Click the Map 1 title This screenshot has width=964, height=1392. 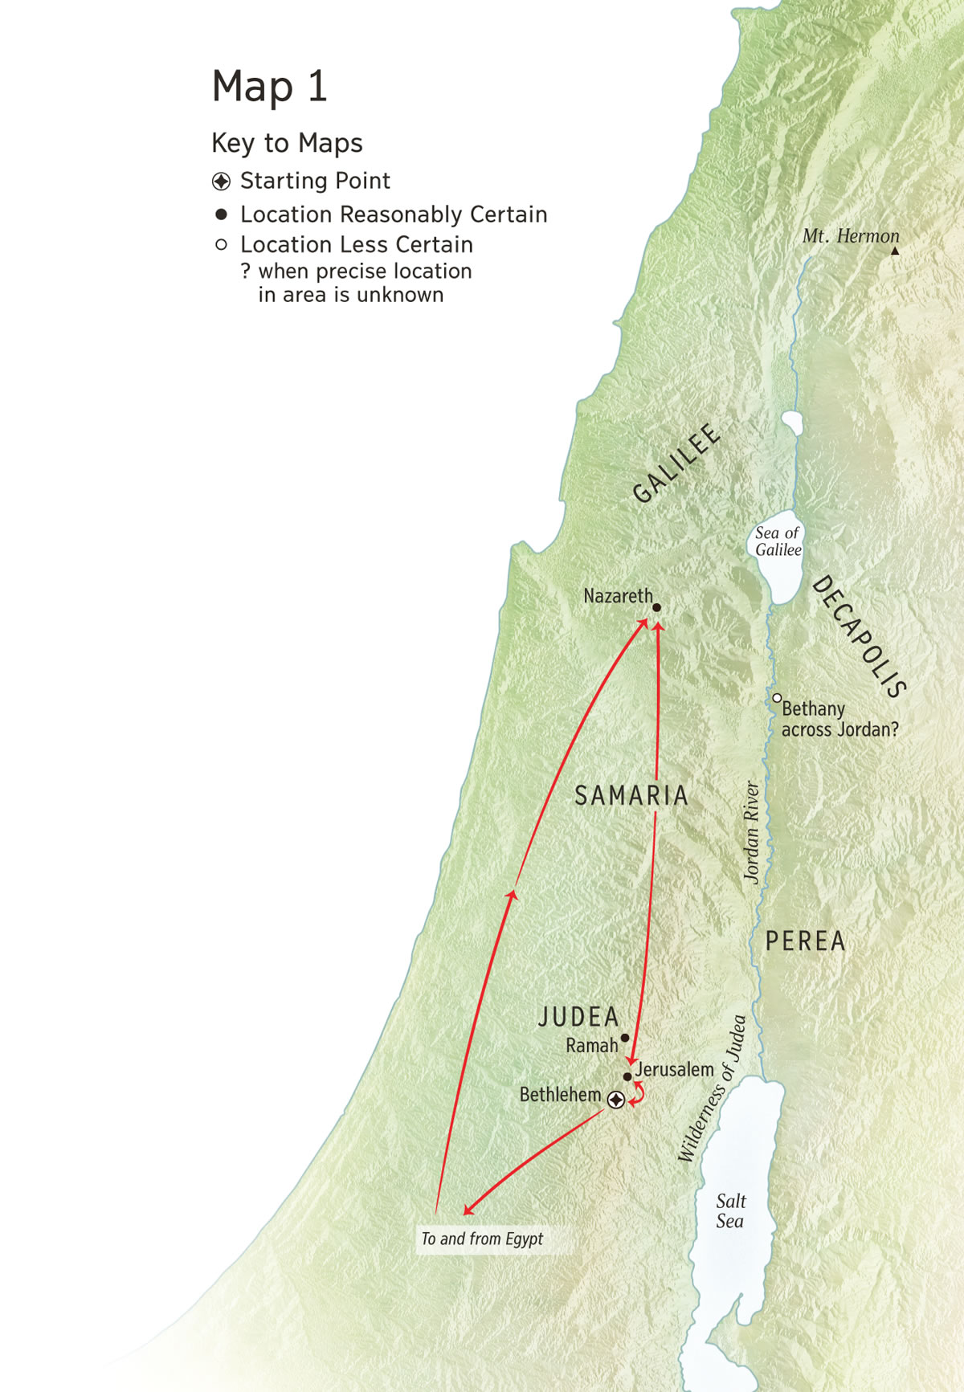click(x=269, y=86)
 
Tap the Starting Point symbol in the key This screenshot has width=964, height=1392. click(x=221, y=182)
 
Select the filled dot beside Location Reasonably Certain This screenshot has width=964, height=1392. click(x=221, y=214)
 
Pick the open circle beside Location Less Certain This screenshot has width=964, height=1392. click(x=221, y=244)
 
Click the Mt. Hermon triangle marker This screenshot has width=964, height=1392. click(x=895, y=251)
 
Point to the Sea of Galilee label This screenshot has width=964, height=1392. click(x=778, y=541)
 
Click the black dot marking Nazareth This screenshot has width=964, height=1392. click(x=656, y=608)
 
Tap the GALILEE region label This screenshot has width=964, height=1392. click(x=676, y=463)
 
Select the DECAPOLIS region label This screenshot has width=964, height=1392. click(x=859, y=636)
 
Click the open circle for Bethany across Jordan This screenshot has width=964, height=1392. click(x=777, y=698)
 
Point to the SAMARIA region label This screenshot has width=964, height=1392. click(x=631, y=796)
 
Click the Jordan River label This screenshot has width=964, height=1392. click(x=752, y=832)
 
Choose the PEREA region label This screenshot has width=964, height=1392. click(x=805, y=941)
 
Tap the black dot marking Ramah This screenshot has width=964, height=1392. click(x=625, y=1038)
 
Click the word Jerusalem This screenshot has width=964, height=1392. click(x=675, y=1070)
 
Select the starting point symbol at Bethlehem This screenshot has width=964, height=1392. click(x=615, y=1100)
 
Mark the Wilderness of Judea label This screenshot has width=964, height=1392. click(x=712, y=1088)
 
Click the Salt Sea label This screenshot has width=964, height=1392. click(x=730, y=1211)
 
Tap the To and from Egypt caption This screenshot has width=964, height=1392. click(x=482, y=1239)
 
